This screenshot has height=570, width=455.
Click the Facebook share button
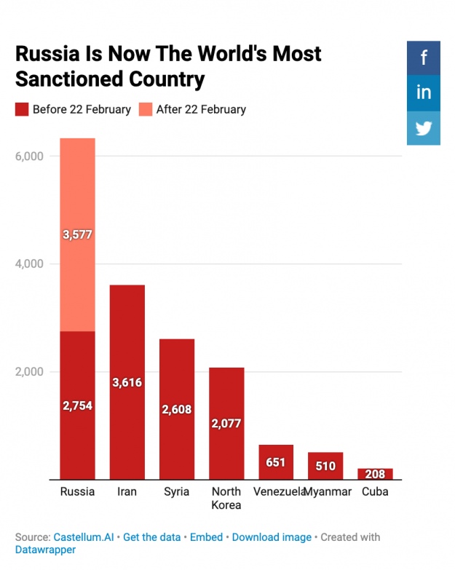point(424,58)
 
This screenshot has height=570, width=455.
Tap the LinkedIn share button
point(424,92)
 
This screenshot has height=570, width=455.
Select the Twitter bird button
point(424,128)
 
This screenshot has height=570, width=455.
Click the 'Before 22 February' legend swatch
point(22,110)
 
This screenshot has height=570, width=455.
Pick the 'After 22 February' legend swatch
point(146,110)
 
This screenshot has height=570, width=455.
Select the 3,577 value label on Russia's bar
point(77,234)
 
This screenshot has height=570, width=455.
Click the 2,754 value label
point(77,405)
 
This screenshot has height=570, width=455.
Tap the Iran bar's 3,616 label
point(127,382)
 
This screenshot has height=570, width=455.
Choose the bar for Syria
point(177,409)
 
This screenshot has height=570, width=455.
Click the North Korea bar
point(226,423)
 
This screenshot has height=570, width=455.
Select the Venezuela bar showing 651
point(276,462)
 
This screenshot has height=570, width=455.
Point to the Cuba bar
point(375,474)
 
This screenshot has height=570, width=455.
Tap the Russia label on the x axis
point(77,492)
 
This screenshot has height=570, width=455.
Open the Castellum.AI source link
point(84,537)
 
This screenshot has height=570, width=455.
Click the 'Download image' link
point(272,537)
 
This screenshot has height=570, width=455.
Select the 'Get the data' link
point(151,537)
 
